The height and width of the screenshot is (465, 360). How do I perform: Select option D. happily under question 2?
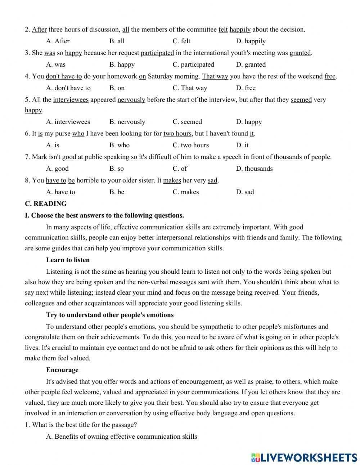coord(251,41)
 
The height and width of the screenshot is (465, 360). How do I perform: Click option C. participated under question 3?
coord(193,64)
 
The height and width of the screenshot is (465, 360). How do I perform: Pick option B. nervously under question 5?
coord(127,122)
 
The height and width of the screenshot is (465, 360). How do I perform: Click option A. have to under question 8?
coord(60,192)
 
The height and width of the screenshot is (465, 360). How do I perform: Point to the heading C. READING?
coord(46,204)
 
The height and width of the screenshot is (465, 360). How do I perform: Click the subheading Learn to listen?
coord(68,260)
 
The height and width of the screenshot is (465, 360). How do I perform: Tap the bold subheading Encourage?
coord(62,370)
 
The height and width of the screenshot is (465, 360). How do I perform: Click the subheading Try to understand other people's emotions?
coord(110,315)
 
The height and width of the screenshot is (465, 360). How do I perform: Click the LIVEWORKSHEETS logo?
coord(304,457)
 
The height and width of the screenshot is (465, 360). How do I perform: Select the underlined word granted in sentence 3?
coord(300,53)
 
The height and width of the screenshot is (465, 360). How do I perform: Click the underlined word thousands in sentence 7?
coord(288,157)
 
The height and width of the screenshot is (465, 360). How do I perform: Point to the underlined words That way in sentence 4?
coord(215,76)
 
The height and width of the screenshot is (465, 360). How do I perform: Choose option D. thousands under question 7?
coord(254,169)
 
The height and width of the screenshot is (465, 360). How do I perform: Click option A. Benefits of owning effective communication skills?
coord(122,437)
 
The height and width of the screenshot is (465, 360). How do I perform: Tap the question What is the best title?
coord(81,425)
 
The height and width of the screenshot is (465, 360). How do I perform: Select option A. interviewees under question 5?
coord(68,122)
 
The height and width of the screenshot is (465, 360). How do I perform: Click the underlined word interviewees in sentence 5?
coord(71,100)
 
